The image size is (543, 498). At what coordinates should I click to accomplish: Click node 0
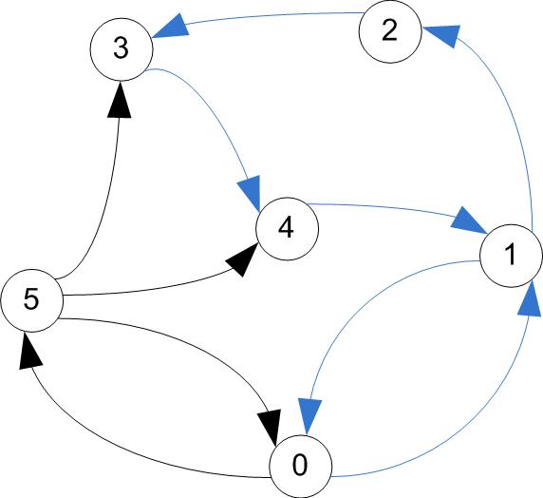(301, 466)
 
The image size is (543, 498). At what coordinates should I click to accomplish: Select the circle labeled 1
(511, 256)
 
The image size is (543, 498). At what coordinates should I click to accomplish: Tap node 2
(390, 31)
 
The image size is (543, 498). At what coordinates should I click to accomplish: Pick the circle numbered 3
(122, 49)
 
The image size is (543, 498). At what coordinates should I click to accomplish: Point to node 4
(287, 229)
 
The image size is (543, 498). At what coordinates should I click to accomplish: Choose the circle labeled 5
(32, 300)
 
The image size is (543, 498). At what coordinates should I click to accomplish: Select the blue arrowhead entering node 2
(441, 35)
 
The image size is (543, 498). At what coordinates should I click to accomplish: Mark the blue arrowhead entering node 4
(250, 193)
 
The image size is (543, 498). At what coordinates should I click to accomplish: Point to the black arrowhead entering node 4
(242, 259)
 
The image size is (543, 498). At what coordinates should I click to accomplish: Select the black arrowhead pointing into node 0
(270, 428)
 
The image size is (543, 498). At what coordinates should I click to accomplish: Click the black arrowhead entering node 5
(30, 351)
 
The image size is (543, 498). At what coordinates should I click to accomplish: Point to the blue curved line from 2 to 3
(273, 15)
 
